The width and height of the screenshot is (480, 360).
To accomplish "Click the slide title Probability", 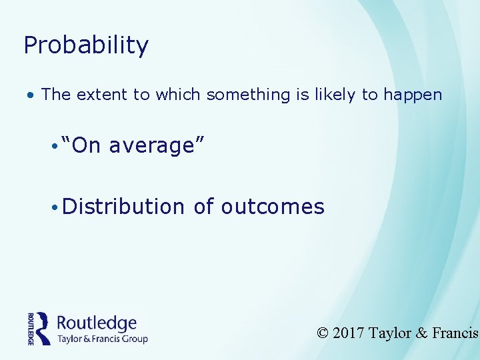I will (x=86, y=45).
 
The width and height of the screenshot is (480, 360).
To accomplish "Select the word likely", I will (x=333, y=95).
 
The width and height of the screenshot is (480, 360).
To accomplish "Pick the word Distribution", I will (x=123, y=207).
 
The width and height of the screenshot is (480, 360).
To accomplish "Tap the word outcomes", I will (x=273, y=207).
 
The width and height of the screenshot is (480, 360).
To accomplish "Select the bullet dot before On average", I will (x=53, y=145).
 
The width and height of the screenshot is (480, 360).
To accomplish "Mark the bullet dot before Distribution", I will (x=53, y=207).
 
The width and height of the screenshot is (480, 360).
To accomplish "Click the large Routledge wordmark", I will (x=97, y=323).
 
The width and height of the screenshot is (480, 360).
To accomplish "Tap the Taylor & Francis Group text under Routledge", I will (x=102, y=339).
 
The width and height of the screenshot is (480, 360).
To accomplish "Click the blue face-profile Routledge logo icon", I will (x=43, y=328).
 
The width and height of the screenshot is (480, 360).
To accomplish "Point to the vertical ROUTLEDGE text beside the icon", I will (x=31, y=328).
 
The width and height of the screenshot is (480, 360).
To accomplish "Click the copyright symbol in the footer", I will (x=323, y=333).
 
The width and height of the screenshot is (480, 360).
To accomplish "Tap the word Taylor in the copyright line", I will (x=390, y=333).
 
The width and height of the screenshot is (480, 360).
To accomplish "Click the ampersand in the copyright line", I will (x=421, y=333).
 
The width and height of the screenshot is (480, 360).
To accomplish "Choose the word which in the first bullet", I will (x=179, y=95).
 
